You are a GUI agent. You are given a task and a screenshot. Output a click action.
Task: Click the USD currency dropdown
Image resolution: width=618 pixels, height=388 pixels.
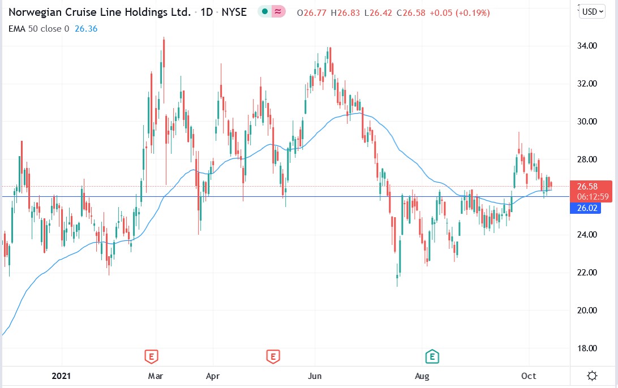(x=593, y=11)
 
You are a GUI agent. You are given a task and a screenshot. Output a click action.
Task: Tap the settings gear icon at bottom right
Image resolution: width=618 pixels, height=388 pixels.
(x=593, y=376)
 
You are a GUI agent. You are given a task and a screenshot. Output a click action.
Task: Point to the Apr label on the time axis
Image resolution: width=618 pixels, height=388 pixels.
(x=212, y=376)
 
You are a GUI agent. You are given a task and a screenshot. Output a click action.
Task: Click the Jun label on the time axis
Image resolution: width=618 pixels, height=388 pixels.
(x=315, y=376)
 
